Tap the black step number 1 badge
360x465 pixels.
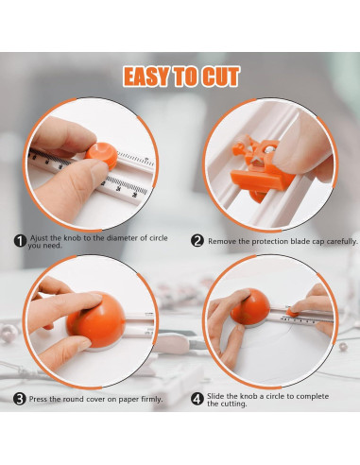(19, 241)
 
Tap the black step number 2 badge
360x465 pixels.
(197, 241)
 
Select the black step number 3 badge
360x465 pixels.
(19, 398)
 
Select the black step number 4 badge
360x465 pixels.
(197, 398)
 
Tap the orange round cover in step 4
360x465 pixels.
(252, 307)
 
